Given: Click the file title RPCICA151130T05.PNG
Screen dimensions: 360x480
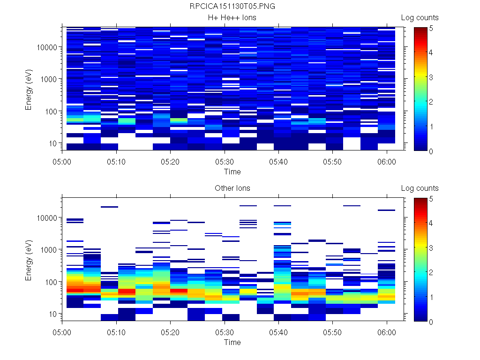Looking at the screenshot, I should coord(232,7).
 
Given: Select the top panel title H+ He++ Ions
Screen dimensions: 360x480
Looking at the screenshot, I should coord(232,18).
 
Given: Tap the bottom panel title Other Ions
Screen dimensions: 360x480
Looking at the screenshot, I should coord(232,188).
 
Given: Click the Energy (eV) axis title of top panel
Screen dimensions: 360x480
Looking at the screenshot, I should coord(29,89).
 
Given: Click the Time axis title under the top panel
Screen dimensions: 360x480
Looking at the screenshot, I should coord(232,172).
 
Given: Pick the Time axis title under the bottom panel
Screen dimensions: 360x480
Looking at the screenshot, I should coord(232,342).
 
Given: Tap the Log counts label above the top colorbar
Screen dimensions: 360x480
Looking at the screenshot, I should coord(420,18).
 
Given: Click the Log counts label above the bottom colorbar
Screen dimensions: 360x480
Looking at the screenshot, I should coord(420,188).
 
